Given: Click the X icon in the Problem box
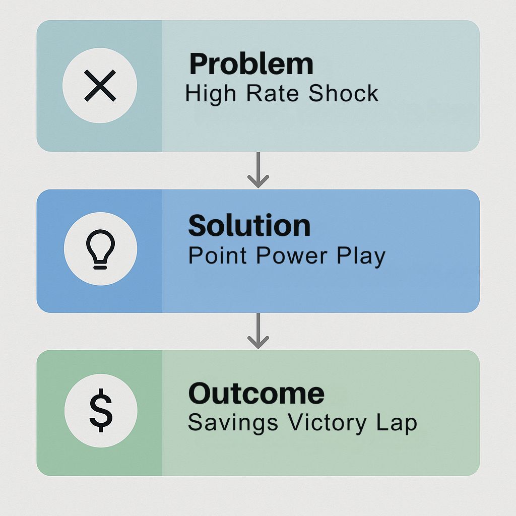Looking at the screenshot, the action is (x=100, y=86).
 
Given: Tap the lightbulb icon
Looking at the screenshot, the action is (x=100, y=249).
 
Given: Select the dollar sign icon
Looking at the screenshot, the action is (x=101, y=410).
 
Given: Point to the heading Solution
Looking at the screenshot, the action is (x=249, y=226).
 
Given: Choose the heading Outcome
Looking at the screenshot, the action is (x=256, y=394).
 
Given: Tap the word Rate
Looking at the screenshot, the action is (x=273, y=93).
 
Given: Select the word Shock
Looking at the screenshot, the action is (x=344, y=93).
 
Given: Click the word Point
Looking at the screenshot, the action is (x=218, y=255).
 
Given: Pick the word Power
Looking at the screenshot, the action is (x=292, y=255).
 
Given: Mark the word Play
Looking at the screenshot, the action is (x=361, y=256).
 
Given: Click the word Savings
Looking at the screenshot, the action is (x=233, y=423).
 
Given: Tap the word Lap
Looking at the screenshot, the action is (x=397, y=423).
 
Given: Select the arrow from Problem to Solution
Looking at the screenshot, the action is (x=259, y=170).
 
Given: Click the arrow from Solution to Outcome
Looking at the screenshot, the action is (x=259, y=331).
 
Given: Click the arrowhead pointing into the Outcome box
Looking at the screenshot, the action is (x=259, y=343).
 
